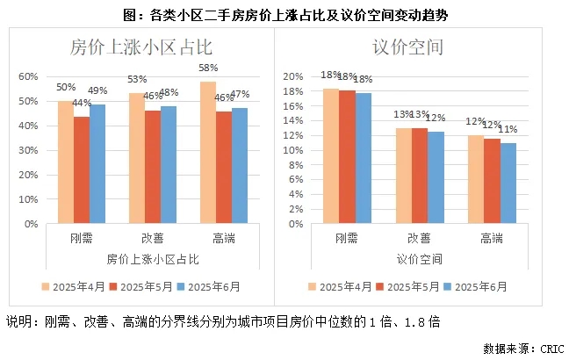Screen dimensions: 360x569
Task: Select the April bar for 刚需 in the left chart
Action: (x=66, y=162)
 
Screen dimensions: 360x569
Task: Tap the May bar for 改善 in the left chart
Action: (x=153, y=167)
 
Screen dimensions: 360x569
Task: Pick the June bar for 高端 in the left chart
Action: (x=239, y=166)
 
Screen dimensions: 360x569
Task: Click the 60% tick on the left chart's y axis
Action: (x=29, y=76)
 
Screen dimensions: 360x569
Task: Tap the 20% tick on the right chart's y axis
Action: (x=293, y=76)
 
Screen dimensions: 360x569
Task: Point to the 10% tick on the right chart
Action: (x=293, y=150)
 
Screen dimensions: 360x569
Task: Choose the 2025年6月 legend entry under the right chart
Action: (x=475, y=286)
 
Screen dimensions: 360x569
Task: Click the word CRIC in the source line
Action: (x=548, y=349)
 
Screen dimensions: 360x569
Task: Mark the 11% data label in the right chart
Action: (x=509, y=129)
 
